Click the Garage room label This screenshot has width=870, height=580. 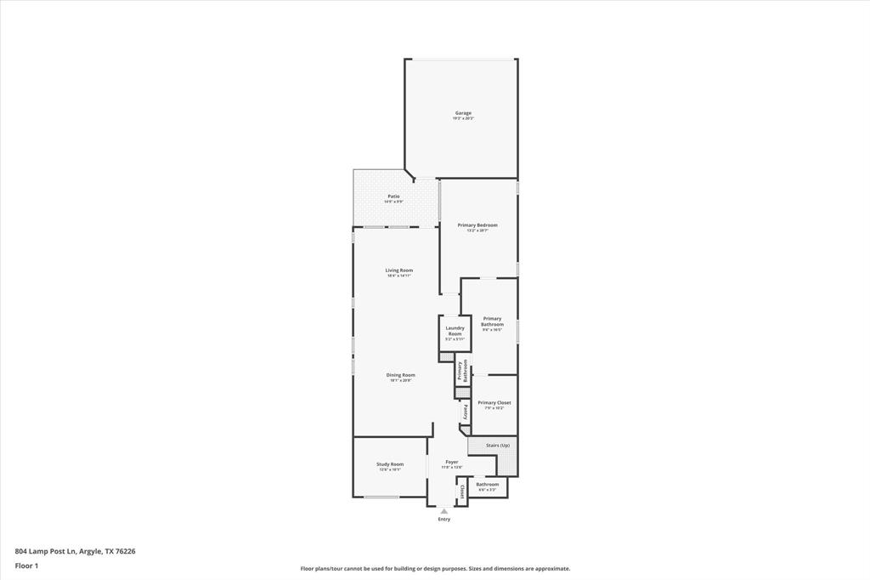pyautogui.click(x=463, y=113)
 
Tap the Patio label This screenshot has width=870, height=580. pyautogui.click(x=393, y=196)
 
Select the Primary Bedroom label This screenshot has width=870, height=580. pyautogui.click(x=477, y=225)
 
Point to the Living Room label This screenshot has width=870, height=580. pyautogui.click(x=398, y=270)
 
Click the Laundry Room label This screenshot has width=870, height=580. pyautogui.click(x=455, y=331)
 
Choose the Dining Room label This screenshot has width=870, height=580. pyautogui.click(x=400, y=375)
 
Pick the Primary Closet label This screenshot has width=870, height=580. pyautogui.click(x=494, y=403)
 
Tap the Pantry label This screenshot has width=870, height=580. pyautogui.click(x=465, y=412)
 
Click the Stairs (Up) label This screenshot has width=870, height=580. pyautogui.click(x=498, y=446)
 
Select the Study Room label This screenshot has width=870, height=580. pyautogui.click(x=390, y=464)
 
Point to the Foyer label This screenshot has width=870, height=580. pyautogui.click(x=451, y=462)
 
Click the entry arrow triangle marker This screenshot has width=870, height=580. pyautogui.click(x=443, y=511)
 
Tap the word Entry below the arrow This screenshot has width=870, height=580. pyautogui.click(x=443, y=520)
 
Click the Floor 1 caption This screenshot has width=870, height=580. pyautogui.click(x=26, y=566)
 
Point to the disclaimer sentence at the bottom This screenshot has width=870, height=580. pyautogui.click(x=435, y=569)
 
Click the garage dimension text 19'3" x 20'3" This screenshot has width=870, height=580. pyautogui.click(x=463, y=119)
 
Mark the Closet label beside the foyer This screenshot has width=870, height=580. pyautogui.click(x=461, y=492)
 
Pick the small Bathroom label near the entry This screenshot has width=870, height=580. pyautogui.click(x=488, y=485)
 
